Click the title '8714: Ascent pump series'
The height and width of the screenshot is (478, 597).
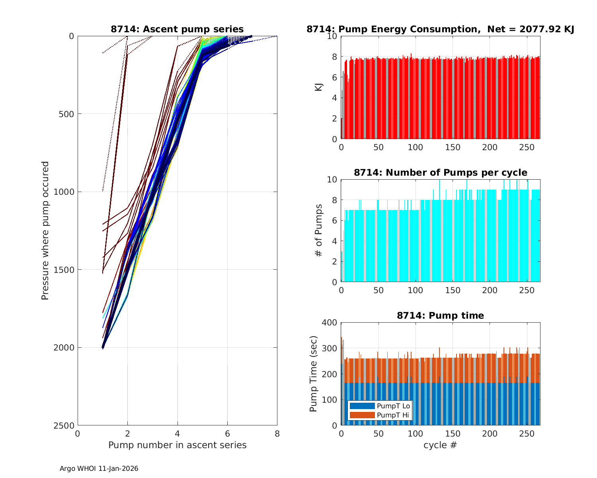(x=177, y=29)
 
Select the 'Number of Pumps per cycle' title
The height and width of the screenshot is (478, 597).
(x=440, y=172)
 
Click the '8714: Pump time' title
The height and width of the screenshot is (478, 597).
(x=440, y=315)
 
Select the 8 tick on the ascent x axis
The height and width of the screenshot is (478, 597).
(x=277, y=434)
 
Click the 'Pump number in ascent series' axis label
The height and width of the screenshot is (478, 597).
(x=177, y=445)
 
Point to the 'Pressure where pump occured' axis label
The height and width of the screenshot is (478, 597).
(x=45, y=231)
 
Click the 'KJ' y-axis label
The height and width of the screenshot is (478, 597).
(x=318, y=87)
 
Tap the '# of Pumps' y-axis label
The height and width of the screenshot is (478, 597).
(x=318, y=230)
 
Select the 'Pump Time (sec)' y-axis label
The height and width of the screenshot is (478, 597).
(x=313, y=374)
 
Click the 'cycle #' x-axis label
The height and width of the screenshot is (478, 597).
(x=440, y=445)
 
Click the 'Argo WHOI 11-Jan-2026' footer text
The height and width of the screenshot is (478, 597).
(x=99, y=468)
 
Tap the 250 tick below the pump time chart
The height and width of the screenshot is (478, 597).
(x=527, y=434)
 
